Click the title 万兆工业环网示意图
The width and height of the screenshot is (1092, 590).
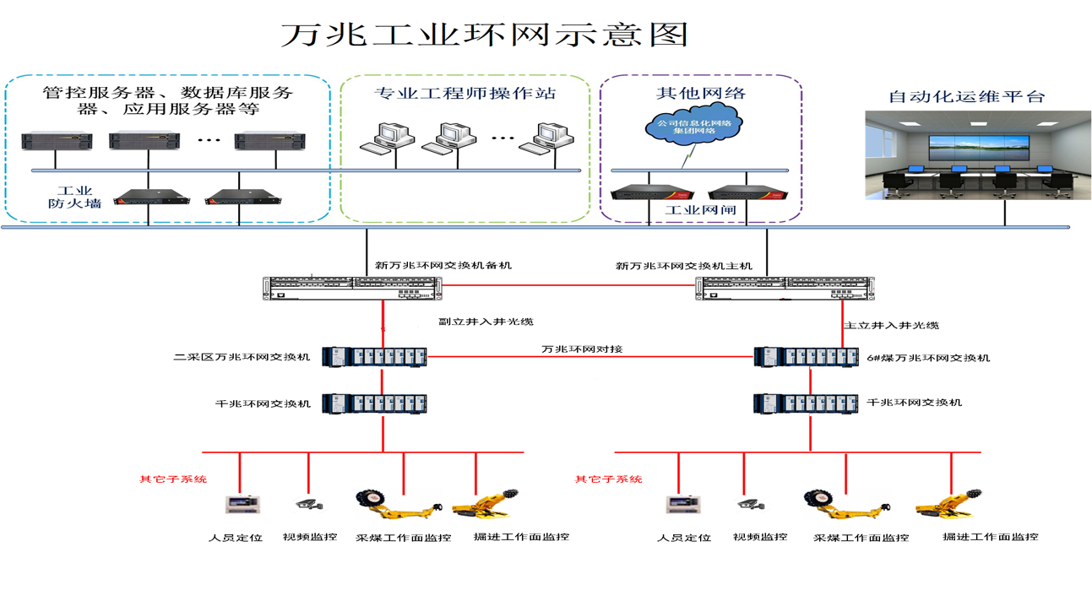[484, 35]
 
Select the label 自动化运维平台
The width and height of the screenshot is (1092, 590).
[966, 96]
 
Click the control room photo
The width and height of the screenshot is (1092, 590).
[967, 154]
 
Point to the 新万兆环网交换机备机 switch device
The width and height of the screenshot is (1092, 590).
[351, 287]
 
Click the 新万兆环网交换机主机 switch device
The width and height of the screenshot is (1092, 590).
[785, 287]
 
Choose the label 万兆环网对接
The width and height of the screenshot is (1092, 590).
[582, 349]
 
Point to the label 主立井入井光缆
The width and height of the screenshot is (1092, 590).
[891, 325]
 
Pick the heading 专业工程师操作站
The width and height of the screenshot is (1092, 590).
[465, 93]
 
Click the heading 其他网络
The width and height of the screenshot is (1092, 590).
[701, 92]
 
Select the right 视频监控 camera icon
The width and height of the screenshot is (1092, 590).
[748, 504]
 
